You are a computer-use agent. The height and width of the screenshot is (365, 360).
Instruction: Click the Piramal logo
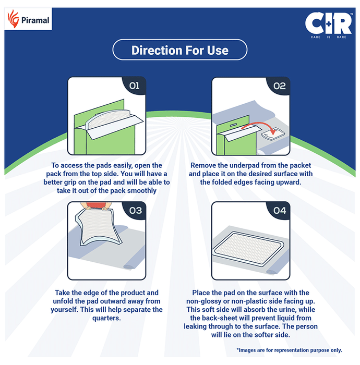click(28, 20)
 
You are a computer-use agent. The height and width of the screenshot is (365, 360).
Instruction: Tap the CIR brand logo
click(329, 25)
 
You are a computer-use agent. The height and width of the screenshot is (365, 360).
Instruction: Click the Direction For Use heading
click(180, 50)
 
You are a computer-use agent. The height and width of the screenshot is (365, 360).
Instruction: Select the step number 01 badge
click(135, 86)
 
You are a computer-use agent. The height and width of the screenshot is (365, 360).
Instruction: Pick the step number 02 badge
click(279, 86)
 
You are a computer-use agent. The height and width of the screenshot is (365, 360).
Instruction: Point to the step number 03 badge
click(135, 211)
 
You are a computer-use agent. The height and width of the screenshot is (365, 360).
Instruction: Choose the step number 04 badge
click(280, 211)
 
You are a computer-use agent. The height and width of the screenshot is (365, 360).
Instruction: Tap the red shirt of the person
click(95, 205)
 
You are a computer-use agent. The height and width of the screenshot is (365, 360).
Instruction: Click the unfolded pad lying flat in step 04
click(248, 248)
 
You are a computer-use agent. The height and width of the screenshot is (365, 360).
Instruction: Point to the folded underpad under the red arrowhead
click(273, 133)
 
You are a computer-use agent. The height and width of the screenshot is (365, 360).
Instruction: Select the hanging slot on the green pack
click(233, 125)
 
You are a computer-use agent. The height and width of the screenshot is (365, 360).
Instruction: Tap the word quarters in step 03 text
click(106, 318)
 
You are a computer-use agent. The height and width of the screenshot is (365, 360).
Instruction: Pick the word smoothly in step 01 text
click(142, 191)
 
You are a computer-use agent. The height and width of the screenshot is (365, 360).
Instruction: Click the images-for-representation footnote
click(289, 350)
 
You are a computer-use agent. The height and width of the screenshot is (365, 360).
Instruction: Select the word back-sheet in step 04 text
click(220, 318)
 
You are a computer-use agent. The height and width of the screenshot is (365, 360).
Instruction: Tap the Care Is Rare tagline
click(328, 37)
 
